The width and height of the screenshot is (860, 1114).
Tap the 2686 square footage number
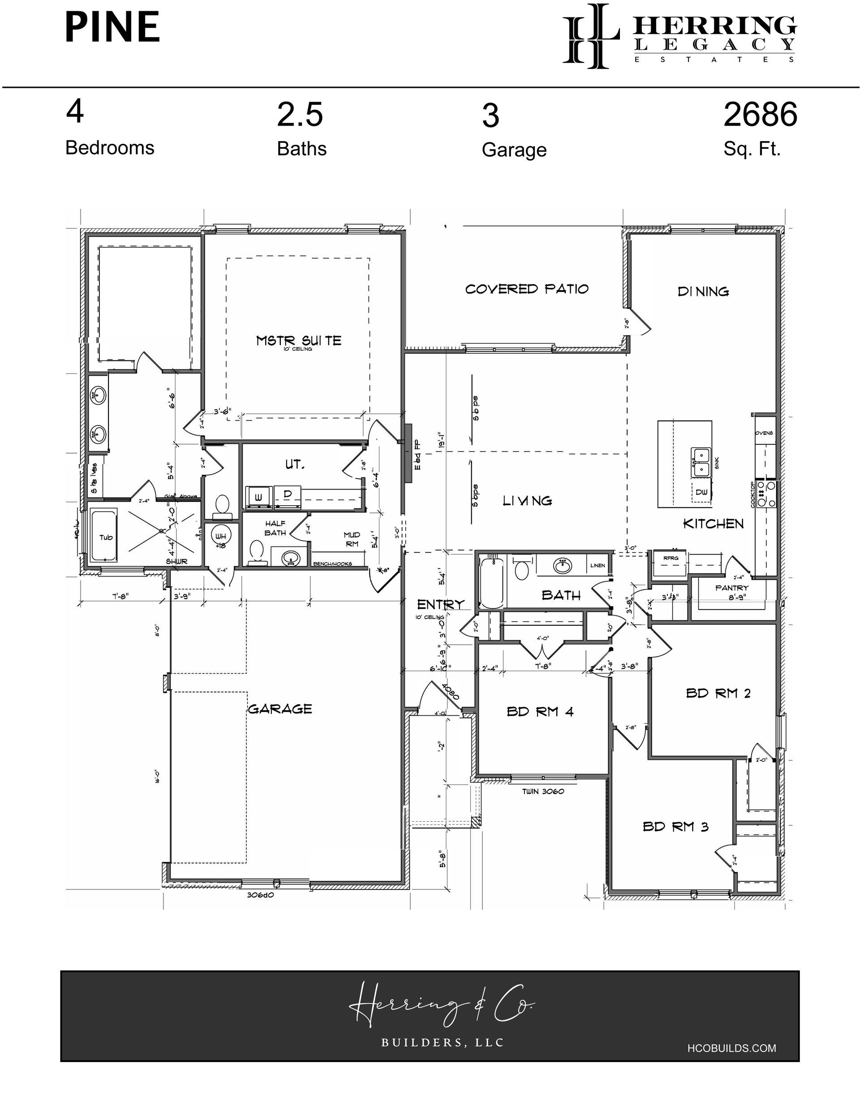(x=760, y=115)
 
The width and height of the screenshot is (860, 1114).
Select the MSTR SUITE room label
(x=299, y=341)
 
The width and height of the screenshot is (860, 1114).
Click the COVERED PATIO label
(x=527, y=289)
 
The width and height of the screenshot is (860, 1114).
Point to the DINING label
(x=703, y=292)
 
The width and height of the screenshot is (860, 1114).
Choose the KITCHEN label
(x=713, y=524)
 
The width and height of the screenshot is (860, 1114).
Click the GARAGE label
(x=280, y=709)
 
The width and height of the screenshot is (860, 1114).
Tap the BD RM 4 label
(x=540, y=711)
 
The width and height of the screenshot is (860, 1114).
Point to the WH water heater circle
(x=221, y=537)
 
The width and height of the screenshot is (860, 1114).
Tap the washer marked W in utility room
(x=258, y=497)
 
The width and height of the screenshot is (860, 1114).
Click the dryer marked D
(x=287, y=495)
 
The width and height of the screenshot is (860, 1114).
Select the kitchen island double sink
(x=701, y=462)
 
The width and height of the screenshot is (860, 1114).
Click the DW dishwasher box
(x=701, y=492)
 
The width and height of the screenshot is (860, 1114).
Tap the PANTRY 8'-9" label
(x=731, y=592)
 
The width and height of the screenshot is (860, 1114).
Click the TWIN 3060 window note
(x=542, y=791)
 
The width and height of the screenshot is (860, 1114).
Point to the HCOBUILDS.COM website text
(x=731, y=1048)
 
